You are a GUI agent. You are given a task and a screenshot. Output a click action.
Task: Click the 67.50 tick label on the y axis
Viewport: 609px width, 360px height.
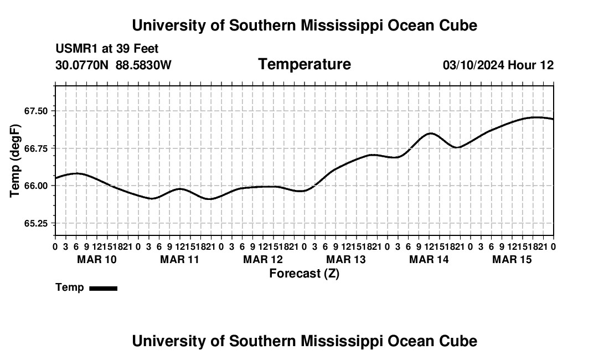tap(36, 111)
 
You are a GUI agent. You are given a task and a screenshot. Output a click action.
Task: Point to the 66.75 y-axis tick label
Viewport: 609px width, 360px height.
tap(36, 148)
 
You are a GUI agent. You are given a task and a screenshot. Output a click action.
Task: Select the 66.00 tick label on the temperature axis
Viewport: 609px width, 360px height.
tap(36, 186)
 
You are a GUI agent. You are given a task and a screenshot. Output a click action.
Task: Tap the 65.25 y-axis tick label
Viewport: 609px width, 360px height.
tap(36, 223)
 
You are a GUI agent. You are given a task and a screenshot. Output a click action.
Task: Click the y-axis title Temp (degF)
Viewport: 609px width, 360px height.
tap(15, 161)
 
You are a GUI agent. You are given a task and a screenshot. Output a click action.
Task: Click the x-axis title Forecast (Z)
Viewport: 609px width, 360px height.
tap(304, 274)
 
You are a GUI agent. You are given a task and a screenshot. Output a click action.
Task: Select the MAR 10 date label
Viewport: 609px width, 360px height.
tap(97, 259)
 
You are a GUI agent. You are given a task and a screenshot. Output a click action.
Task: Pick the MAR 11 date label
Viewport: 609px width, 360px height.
tap(179, 259)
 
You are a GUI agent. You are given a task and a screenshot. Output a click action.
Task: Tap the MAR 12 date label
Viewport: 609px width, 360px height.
tap(263, 259)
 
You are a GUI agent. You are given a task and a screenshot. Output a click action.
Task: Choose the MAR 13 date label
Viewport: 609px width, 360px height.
tap(345, 259)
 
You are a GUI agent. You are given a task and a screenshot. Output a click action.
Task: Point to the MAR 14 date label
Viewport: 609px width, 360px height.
tap(429, 259)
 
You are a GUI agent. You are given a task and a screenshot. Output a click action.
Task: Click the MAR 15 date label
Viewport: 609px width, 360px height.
tap(512, 259)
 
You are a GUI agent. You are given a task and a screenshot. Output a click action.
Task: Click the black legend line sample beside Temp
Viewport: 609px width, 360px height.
tap(104, 288)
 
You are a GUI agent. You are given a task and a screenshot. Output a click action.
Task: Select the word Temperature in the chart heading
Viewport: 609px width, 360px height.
tap(304, 64)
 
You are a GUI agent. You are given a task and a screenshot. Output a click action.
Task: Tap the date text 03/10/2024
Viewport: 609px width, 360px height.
tap(473, 65)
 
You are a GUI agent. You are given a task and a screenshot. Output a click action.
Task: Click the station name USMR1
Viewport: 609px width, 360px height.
tap(77, 49)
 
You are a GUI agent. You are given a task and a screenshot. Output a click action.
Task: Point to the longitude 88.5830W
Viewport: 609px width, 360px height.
tap(143, 65)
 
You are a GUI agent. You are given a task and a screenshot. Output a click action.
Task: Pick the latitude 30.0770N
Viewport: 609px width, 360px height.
tap(82, 65)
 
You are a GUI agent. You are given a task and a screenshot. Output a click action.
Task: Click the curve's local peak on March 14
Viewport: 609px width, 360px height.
tap(430, 133)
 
